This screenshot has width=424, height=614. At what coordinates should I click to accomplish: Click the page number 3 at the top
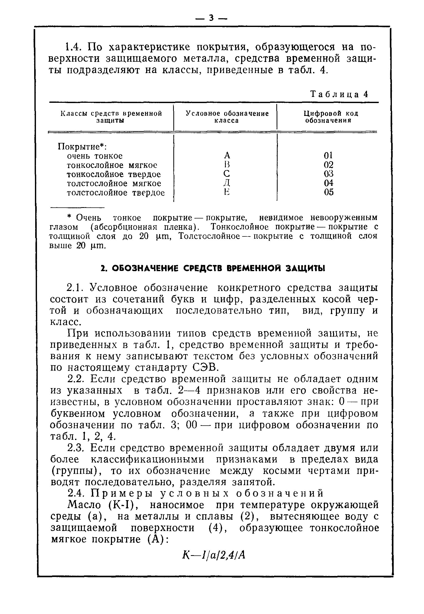tap(211, 18)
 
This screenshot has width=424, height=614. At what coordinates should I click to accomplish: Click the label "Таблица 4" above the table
tap(339, 94)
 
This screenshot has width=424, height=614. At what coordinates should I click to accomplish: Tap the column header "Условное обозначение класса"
tap(227, 117)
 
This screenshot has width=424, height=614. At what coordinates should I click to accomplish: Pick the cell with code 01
tap(328, 155)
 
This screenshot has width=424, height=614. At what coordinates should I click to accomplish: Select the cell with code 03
tap(328, 174)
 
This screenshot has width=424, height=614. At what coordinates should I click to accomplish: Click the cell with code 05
tap(329, 192)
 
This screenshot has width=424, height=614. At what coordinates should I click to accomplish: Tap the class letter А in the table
tap(227, 155)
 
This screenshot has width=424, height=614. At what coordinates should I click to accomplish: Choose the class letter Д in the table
tap(227, 183)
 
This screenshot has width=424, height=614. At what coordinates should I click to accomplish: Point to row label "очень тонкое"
tap(95, 156)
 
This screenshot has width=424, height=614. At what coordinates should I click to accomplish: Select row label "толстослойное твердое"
tap(116, 193)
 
